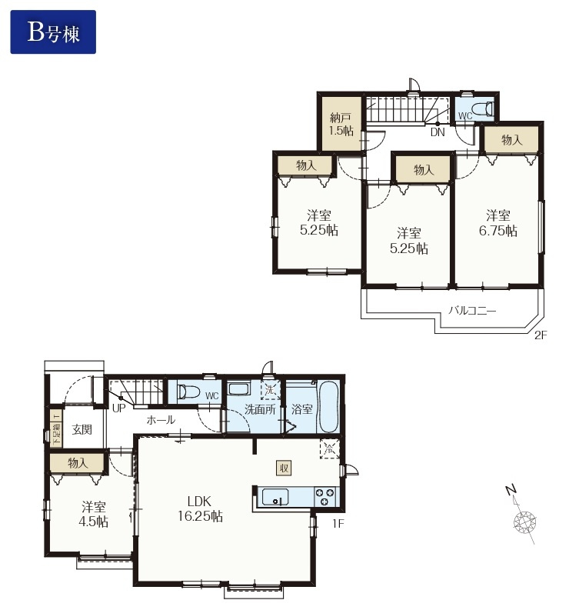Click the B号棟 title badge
53,32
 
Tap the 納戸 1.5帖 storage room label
341,124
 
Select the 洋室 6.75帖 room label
497,223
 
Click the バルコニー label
472,311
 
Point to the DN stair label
438,132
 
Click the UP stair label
118,408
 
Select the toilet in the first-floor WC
188,392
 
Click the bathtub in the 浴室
328,406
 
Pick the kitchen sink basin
275,497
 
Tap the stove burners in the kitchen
324,497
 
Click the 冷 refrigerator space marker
329,448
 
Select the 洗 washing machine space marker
270,390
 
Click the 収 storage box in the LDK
284,468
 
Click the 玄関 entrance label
82,429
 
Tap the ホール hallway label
161,420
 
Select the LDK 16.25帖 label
200,508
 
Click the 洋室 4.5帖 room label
93,515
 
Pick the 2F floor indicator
541,335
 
